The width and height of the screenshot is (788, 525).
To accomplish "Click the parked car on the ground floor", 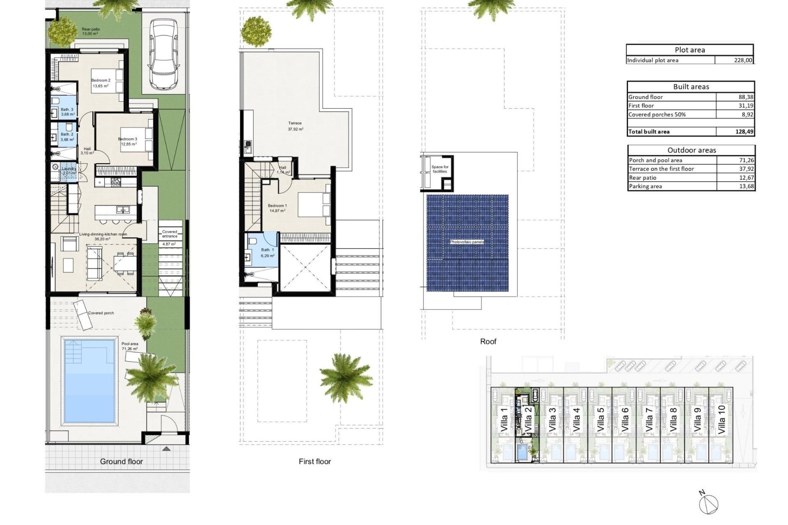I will tap(163, 54).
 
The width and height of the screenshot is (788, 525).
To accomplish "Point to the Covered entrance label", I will tap(170, 234).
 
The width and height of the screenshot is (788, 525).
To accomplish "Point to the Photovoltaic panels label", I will tap(467, 242).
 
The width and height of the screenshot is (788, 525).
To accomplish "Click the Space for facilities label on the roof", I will tap(440, 169).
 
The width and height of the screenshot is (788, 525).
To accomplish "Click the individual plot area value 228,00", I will tap(743, 60).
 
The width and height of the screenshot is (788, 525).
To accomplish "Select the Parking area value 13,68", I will tap(746, 187).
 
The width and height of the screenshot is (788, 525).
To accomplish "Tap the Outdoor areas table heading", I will tap(691, 150).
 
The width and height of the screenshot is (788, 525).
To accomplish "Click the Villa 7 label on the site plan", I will tap(649, 420).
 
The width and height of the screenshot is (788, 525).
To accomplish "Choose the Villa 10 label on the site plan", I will tap(722, 420).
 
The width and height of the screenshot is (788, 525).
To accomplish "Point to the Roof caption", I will tap(488, 341).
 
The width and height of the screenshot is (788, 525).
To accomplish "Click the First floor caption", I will tap(314, 461).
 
